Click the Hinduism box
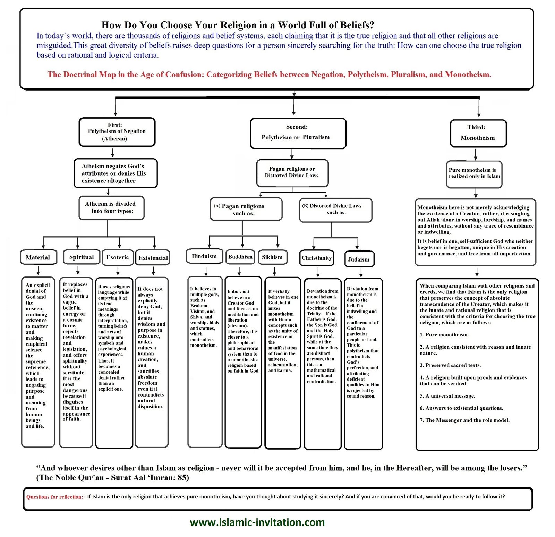click(204, 256)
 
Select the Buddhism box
click(240, 257)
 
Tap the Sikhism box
click(272, 257)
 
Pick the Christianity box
click(317, 258)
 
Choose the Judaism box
click(359, 259)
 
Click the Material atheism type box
click(38, 257)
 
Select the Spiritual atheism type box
click(82, 257)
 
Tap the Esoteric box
click(118, 257)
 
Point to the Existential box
click(153, 258)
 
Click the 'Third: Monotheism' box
click(478, 133)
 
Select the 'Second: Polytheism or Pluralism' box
click(298, 133)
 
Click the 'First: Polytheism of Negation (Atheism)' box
click(117, 132)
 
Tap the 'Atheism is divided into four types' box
click(111, 208)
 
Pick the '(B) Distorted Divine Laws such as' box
click(335, 210)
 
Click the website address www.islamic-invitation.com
click(257, 522)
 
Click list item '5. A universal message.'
click(447, 396)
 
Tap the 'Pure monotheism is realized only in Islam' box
click(474, 173)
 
